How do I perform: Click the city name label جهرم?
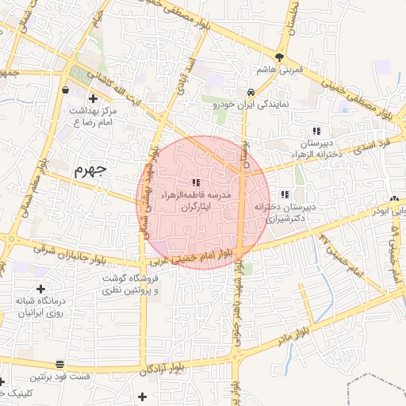(x=90, y=170)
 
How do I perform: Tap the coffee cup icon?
(x=64, y=91)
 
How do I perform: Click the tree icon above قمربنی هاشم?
(x=279, y=56)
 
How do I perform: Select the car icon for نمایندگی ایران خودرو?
(x=251, y=92)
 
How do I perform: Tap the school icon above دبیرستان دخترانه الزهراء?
(x=316, y=130)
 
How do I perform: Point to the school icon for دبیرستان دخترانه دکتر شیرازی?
(x=285, y=194)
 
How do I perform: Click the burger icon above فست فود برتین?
(x=60, y=363)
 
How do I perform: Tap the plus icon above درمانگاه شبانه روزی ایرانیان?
(x=40, y=289)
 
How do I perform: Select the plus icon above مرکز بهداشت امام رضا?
(x=94, y=99)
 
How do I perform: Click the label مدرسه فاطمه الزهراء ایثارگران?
(x=195, y=201)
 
